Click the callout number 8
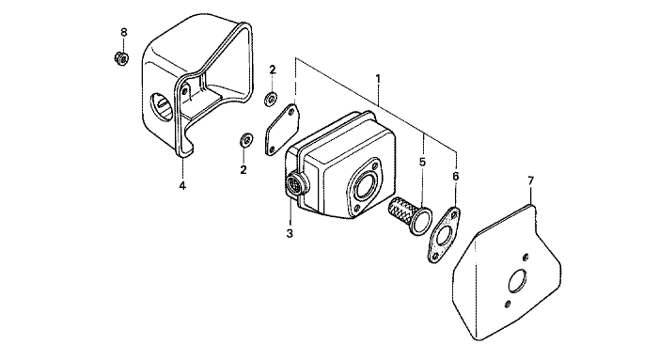[123, 32]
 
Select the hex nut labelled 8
[121, 58]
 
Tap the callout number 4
[182, 185]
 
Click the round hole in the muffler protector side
[162, 108]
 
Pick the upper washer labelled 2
[270, 100]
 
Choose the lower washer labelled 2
[245, 139]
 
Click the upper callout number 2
[273, 70]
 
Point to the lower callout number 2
[243, 170]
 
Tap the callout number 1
[378, 79]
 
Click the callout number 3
[290, 233]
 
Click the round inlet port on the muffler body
[365, 183]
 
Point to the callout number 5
[422, 162]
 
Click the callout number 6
[456, 177]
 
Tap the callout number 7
[531, 181]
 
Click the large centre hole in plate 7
[517, 280]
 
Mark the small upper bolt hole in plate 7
[525, 257]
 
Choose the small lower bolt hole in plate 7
[508, 304]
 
